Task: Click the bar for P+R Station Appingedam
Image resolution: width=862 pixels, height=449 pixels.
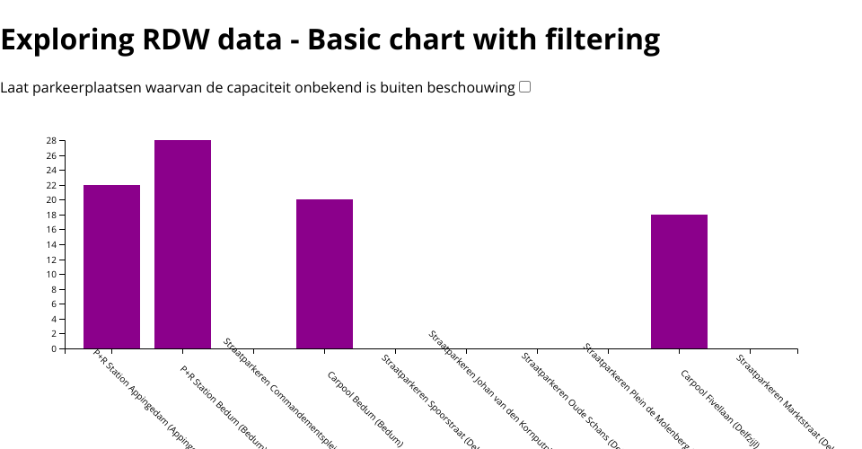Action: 111,267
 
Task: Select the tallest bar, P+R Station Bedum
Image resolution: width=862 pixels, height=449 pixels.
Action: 182,244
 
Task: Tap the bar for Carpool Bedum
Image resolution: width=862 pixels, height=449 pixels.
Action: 324,274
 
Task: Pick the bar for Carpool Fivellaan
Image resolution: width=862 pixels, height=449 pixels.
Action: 679,281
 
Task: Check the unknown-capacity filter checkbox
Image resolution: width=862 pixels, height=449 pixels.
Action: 525,87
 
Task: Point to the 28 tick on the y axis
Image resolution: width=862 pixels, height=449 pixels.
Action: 52,141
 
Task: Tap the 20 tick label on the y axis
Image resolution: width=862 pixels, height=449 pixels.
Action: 52,200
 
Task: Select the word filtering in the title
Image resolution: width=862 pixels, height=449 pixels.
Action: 603,40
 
